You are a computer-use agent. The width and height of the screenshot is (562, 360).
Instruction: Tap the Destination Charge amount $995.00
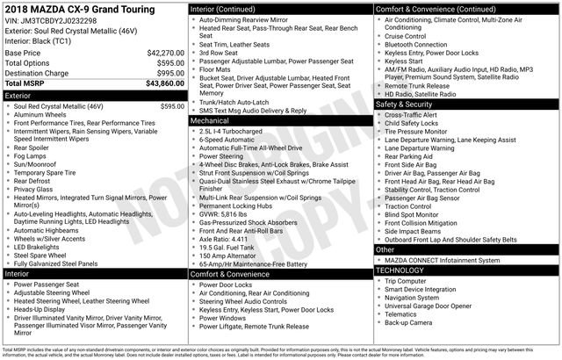167,73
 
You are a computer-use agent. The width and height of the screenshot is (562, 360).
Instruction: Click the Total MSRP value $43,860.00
164,83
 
